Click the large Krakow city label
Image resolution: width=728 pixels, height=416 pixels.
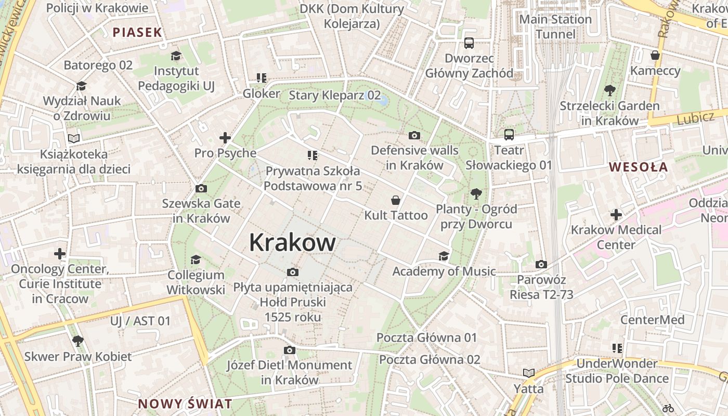[292, 242]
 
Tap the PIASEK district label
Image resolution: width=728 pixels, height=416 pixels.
[137, 32]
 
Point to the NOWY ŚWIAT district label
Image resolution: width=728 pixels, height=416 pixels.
[185, 404]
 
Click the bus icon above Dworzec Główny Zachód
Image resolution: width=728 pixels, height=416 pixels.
[469, 43]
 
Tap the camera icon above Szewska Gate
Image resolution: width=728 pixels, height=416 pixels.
[201, 188]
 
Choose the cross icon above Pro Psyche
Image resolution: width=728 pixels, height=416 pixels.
[225, 138]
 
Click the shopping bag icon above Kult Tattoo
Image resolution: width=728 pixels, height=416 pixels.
[395, 200]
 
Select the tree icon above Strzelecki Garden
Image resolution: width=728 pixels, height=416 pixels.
[609, 90]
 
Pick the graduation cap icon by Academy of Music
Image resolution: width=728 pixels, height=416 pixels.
[444, 256]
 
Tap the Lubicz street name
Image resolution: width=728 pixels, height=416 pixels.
[695, 118]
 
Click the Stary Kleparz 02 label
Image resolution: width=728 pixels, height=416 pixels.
[334, 95]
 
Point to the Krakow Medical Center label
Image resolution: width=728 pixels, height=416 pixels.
[616, 237]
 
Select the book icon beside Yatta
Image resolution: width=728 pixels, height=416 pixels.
[529, 373]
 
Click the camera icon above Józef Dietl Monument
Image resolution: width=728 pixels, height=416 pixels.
[290, 350]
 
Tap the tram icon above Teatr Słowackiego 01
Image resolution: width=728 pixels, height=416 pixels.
[509, 135]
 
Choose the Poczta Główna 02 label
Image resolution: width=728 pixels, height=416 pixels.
[430, 359]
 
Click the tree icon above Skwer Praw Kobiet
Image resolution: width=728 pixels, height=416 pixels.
[78, 341]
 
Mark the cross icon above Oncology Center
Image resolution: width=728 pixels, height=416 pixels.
[60, 254]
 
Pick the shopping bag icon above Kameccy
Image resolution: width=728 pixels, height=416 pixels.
[655, 55]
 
